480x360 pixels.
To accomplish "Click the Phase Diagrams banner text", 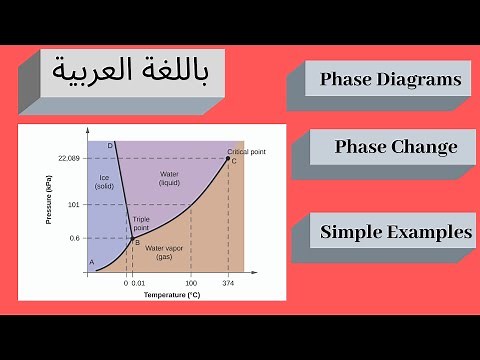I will coord(390,79).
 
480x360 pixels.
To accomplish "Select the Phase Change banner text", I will coord(396,147).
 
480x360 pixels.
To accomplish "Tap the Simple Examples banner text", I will coord(396,232).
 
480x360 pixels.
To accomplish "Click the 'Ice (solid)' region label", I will coord(104,181).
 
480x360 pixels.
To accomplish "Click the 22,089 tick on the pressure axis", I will coord(67,158).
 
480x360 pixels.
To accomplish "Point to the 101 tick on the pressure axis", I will coord(72,204).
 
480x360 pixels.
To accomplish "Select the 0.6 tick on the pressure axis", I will coord(73,238).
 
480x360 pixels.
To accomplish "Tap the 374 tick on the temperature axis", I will coord(228,283).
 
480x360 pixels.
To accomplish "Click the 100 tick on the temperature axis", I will coord(190,283).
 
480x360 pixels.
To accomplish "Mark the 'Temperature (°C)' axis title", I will coord(171,296).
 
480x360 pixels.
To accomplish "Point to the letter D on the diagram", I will coord(109,146).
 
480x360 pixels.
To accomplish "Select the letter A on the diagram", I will coord(92,263).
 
